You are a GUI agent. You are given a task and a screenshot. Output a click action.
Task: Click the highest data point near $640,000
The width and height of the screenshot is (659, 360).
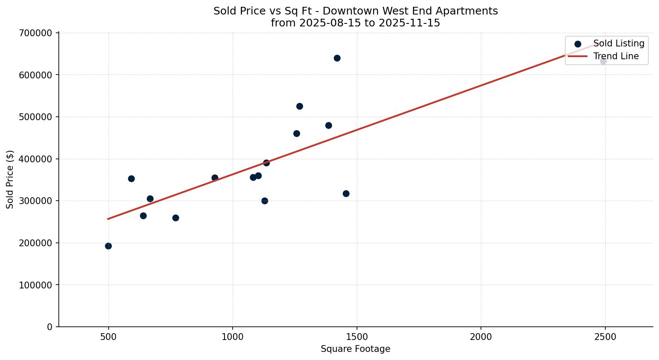point(337,58)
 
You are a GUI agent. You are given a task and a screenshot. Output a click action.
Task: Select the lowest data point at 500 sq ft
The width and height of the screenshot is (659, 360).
point(108,246)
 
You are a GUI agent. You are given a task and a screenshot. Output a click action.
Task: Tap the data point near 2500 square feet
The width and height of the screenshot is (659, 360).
point(603,61)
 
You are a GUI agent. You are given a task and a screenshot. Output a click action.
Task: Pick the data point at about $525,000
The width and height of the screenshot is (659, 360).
point(299,106)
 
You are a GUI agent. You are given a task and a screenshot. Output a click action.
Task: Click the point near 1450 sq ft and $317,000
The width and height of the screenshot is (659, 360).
point(346,193)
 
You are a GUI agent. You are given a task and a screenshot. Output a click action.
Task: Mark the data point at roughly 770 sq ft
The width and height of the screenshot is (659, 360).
point(176,218)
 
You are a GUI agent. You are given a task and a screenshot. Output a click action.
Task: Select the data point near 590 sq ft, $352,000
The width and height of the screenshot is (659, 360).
point(131,179)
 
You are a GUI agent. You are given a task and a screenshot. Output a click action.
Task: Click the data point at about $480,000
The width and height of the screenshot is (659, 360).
point(328,125)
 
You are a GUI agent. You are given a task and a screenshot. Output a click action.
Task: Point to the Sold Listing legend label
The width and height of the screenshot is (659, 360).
point(619,43)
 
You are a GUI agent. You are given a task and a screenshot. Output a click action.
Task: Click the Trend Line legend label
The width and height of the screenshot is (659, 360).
point(616,56)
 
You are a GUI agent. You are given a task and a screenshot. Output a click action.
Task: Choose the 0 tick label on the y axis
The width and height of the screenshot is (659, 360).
point(50,327)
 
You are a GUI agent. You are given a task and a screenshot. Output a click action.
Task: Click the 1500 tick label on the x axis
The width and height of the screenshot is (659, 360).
point(357,337)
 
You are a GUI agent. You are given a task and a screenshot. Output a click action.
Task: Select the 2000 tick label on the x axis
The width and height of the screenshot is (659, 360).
point(481,337)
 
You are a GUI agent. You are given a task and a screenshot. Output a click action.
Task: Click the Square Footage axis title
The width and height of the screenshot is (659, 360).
point(355,349)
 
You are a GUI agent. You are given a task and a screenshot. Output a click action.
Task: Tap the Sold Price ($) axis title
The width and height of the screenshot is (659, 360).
point(10,179)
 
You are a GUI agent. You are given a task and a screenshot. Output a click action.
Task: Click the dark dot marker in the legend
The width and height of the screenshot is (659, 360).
point(578,44)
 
